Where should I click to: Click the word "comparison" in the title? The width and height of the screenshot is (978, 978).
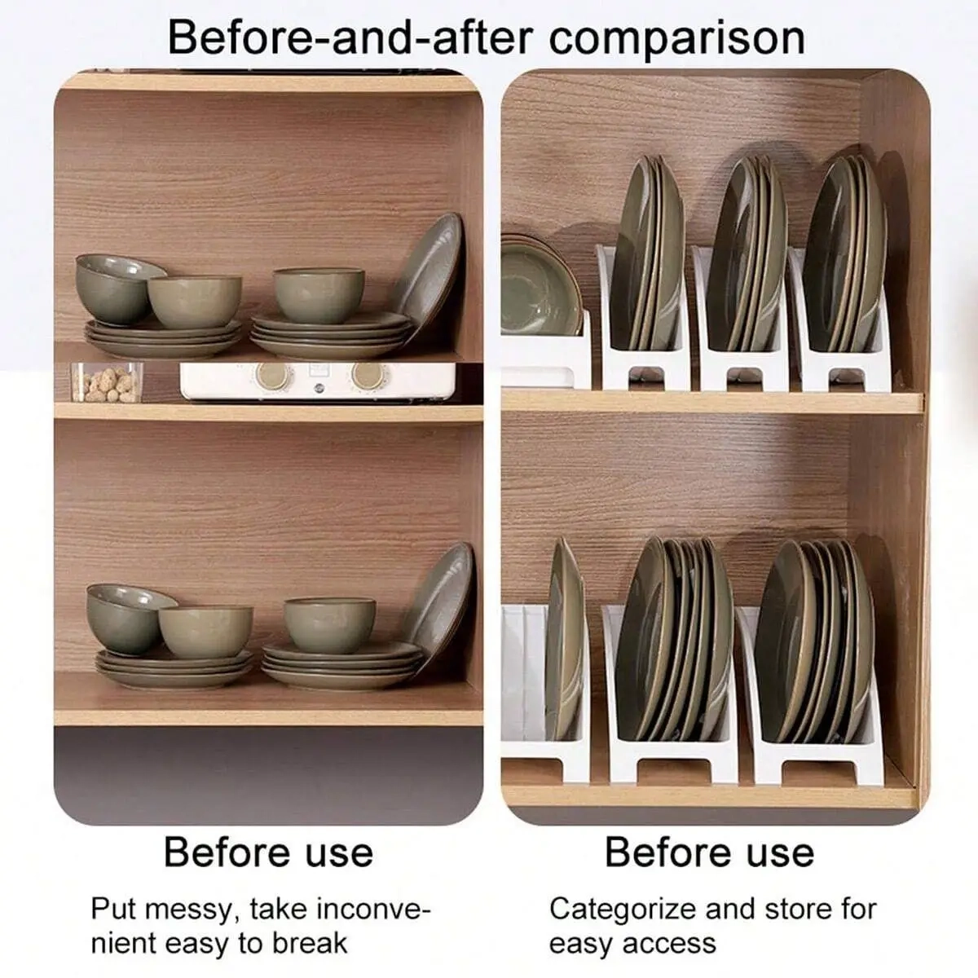pyautogui.click(x=676, y=40)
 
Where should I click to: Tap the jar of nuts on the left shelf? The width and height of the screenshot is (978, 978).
pyautogui.click(x=107, y=382)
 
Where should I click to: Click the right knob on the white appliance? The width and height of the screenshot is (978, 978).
pyautogui.click(x=368, y=376)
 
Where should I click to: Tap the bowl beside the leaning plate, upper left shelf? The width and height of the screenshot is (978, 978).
pyautogui.click(x=319, y=295)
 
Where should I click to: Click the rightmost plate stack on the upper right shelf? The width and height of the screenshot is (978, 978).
pyautogui.click(x=844, y=253)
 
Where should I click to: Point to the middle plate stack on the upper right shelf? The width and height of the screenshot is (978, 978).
pyautogui.click(x=747, y=253)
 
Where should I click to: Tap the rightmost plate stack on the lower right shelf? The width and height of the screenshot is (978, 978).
pyautogui.click(x=814, y=642)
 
